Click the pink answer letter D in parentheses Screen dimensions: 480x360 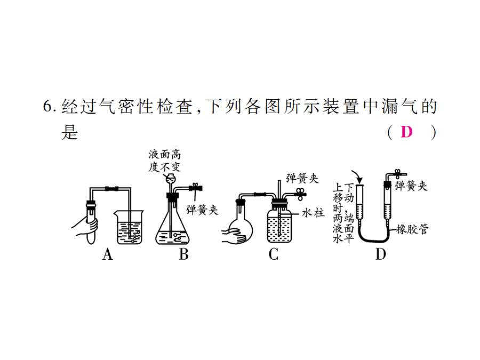click(406, 132)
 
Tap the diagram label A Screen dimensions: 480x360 click(107, 254)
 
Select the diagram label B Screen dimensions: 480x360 click(183, 254)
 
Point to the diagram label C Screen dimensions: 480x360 click(274, 254)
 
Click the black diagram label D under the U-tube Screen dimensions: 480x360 click(380, 254)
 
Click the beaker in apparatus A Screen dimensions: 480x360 click(129, 227)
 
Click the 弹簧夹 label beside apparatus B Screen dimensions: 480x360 click(202, 210)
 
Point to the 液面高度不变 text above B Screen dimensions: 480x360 click(165, 161)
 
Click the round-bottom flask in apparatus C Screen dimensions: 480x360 click(241, 227)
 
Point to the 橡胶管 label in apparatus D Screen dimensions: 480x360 click(412, 229)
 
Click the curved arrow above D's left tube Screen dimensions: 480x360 click(357, 176)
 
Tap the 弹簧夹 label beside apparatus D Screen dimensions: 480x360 click(411, 186)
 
